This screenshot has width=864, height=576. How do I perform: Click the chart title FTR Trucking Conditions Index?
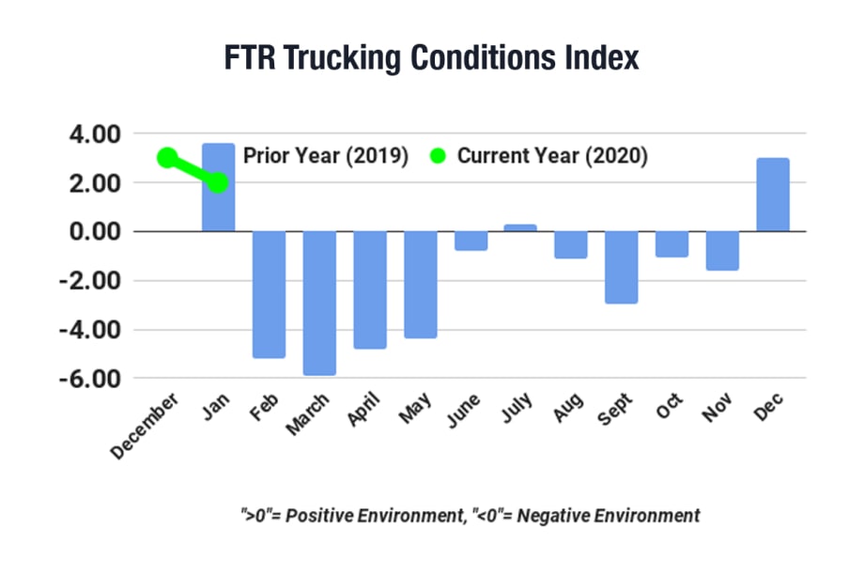click(431, 58)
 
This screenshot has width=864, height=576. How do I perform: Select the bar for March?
click(319, 303)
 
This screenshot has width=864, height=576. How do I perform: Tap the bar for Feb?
click(269, 294)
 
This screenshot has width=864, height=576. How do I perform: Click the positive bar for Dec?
click(772, 195)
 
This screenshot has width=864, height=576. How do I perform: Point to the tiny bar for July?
click(520, 227)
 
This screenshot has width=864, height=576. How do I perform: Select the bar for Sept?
click(621, 267)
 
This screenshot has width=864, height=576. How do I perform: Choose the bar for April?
click(370, 289)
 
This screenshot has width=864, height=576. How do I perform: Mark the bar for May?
click(420, 285)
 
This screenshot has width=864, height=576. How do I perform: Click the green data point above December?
click(167, 158)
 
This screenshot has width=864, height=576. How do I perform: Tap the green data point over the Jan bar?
click(218, 183)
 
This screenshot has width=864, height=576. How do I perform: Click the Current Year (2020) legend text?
click(552, 156)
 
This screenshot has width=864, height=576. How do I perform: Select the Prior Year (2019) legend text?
click(325, 156)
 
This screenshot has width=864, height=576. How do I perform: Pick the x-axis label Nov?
click(718, 411)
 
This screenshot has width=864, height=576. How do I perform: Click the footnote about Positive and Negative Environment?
click(470, 515)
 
